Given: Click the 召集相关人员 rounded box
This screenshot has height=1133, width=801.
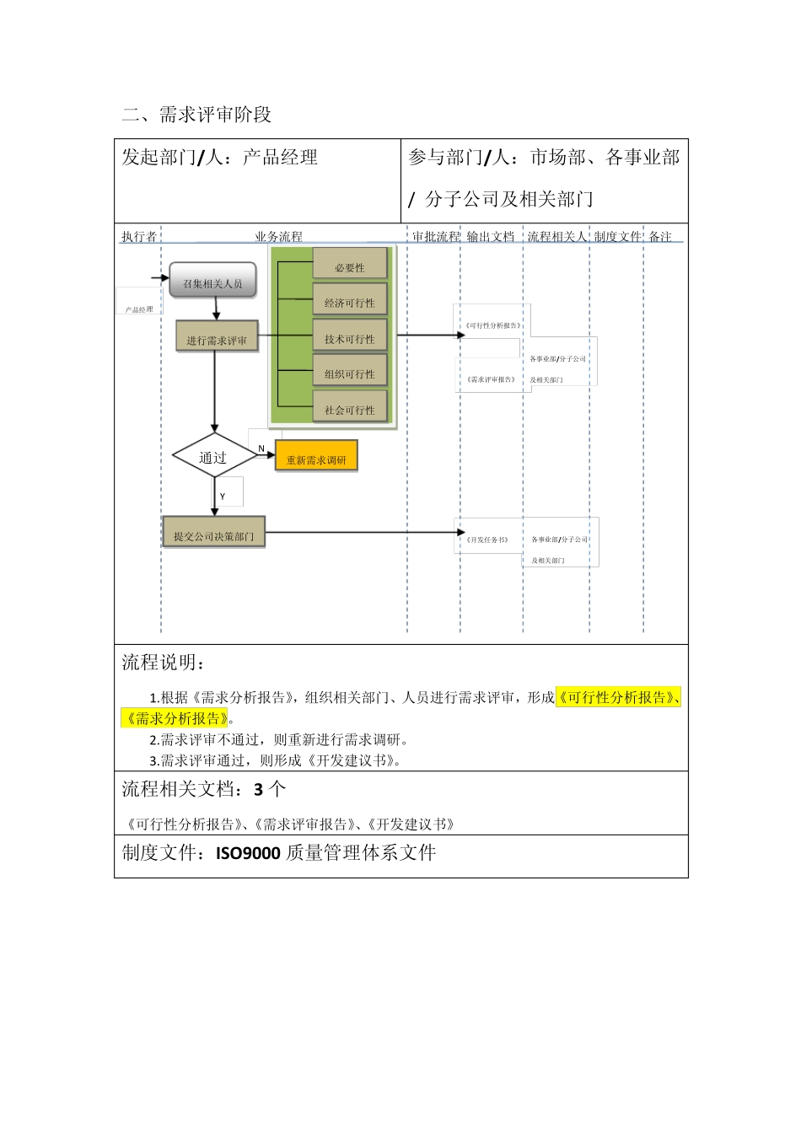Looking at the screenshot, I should pyautogui.click(x=212, y=283).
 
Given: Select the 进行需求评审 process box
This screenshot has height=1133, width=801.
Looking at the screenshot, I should pyautogui.click(x=217, y=340).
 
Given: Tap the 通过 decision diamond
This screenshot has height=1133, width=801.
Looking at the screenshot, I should pyautogui.click(x=213, y=457).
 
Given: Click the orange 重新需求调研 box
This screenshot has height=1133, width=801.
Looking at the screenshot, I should pyautogui.click(x=316, y=459).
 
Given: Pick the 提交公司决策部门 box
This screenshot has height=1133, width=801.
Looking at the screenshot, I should pyautogui.click(x=213, y=535).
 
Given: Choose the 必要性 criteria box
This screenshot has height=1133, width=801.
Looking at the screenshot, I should pyautogui.click(x=349, y=267).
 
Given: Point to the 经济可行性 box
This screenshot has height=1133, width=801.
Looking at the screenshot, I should pyautogui.click(x=349, y=303).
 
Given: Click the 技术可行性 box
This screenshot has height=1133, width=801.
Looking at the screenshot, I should pyautogui.click(x=349, y=339).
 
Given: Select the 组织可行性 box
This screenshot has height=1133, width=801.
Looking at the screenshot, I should pyautogui.click(x=349, y=374).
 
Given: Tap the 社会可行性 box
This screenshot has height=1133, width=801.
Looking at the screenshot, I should pyautogui.click(x=349, y=410).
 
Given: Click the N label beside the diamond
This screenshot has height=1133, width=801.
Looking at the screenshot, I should pyautogui.click(x=261, y=448).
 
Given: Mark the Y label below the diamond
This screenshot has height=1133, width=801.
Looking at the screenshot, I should pyautogui.click(x=223, y=497).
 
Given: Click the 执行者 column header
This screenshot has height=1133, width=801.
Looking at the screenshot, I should pyautogui.click(x=138, y=236).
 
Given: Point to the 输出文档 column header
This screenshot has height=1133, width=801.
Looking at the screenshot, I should pyautogui.click(x=490, y=236).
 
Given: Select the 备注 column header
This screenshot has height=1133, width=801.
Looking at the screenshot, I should pyautogui.click(x=660, y=236).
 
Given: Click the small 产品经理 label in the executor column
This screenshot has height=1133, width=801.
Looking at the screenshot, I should pyautogui.click(x=139, y=309).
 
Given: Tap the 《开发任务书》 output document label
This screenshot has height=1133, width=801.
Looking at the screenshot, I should pyautogui.click(x=487, y=540).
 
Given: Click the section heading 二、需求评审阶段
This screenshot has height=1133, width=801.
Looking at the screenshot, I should pyautogui.click(x=196, y=115).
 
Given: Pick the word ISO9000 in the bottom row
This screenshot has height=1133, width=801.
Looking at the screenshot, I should pyautogui.click(x=248, y=853).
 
